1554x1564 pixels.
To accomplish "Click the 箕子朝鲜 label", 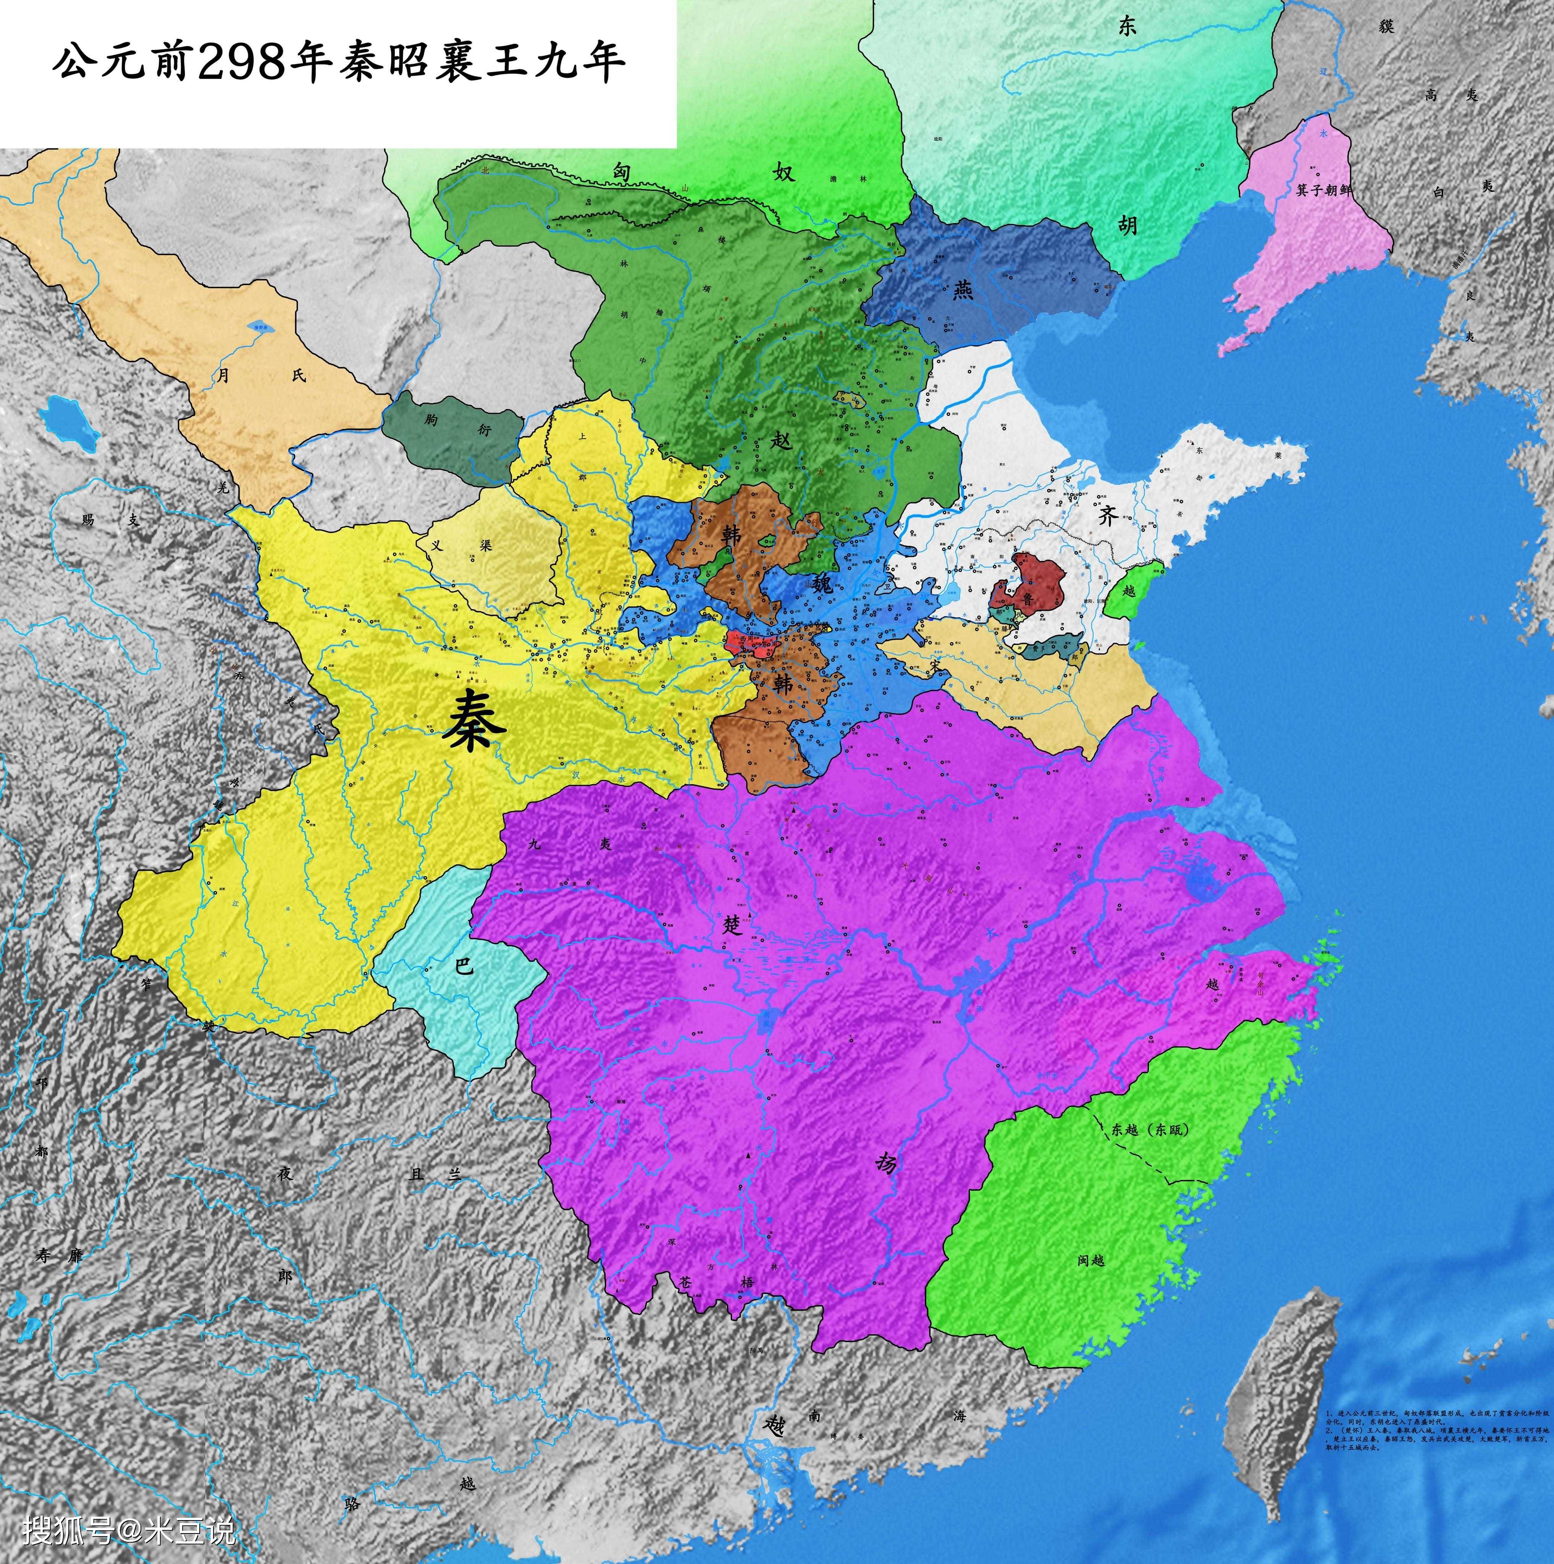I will (x=1323, y=189).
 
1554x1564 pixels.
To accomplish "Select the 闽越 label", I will (x=1091, y=1260).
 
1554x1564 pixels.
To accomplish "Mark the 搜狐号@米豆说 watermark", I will (x=129, y=1530).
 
